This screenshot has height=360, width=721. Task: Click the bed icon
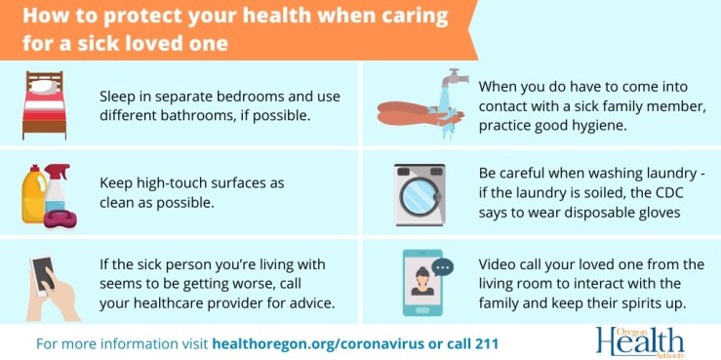[43, 104]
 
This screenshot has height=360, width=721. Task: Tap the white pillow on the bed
[40, 87]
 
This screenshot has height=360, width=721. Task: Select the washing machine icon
[420, 195]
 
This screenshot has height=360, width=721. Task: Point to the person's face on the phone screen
[422, 274]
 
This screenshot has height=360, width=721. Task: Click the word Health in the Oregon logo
[639, 341]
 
